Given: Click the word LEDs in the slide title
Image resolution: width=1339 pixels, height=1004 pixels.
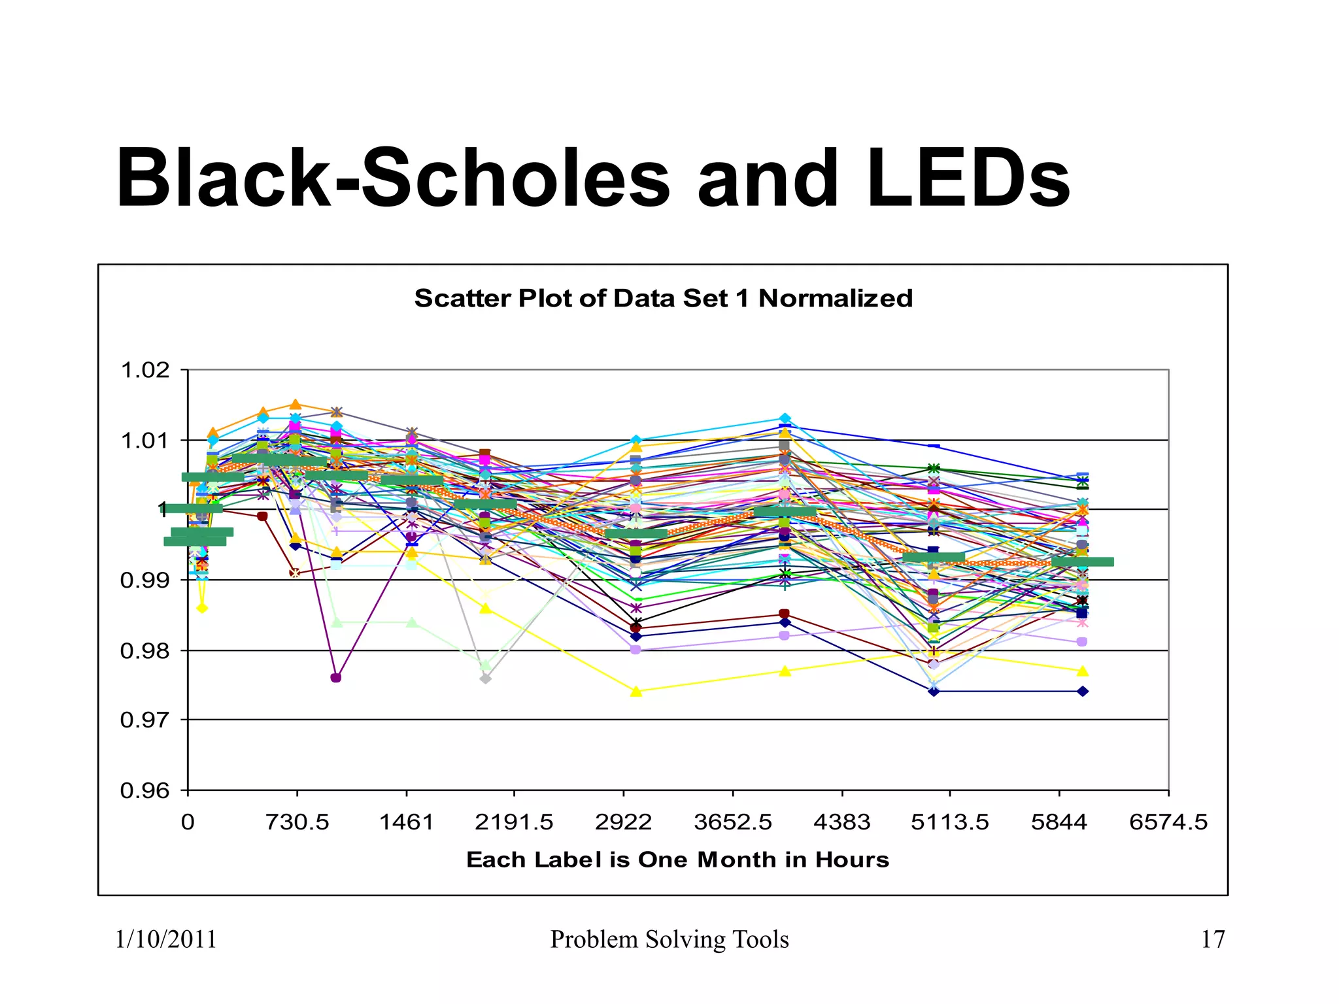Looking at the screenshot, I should tap(969, 178).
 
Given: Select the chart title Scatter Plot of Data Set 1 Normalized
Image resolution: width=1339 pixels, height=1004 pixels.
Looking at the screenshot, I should tap(663, 298).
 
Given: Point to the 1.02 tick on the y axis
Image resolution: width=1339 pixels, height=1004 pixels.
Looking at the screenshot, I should tap(145, 371).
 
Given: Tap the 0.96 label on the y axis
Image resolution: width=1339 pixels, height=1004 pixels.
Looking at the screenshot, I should tap(145, 791).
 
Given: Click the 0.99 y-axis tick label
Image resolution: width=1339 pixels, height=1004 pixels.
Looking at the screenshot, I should tap(145, 580).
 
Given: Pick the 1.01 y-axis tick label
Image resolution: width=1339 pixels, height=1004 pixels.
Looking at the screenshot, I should tap(145, 441).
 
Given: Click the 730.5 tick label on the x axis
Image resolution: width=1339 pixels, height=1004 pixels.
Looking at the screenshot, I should tap(297, 822).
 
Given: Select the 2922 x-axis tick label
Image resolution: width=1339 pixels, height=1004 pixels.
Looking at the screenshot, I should tap(623, 822).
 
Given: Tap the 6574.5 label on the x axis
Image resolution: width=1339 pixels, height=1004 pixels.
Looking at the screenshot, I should tap(1168, 822).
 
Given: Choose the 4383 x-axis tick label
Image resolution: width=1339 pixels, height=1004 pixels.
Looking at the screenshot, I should tap(841, 822).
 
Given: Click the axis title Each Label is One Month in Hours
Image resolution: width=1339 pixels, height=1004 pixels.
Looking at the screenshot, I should tap(677, 860).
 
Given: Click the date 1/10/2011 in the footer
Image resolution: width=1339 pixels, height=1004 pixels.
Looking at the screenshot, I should tap(166, 939).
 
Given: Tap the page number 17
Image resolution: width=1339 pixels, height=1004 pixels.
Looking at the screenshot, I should tap(1213, 939).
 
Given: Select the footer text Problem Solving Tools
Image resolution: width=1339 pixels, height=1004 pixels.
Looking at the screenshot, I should tap(669, 939).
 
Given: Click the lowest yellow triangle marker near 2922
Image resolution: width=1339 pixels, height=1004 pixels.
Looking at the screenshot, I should tap(636, 692).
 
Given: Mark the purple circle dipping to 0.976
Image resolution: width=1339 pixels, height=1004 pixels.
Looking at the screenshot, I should tap(336, 678).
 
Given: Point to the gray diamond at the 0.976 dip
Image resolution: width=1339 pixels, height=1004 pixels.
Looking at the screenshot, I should tap(485, 679).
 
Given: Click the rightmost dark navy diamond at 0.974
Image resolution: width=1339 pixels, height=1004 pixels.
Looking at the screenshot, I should tap(1083, 692).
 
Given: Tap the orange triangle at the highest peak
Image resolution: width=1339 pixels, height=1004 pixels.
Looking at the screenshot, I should tap(296, 404).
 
